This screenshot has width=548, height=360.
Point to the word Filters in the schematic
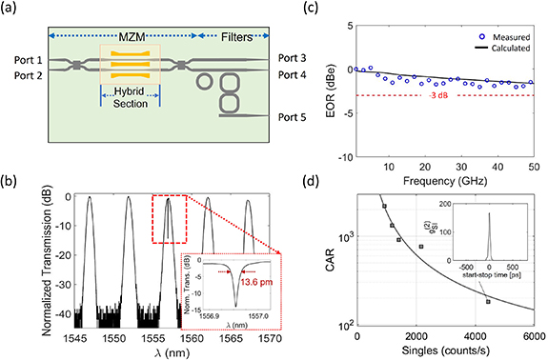[229, 35]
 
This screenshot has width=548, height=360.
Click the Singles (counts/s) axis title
[446, 353]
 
